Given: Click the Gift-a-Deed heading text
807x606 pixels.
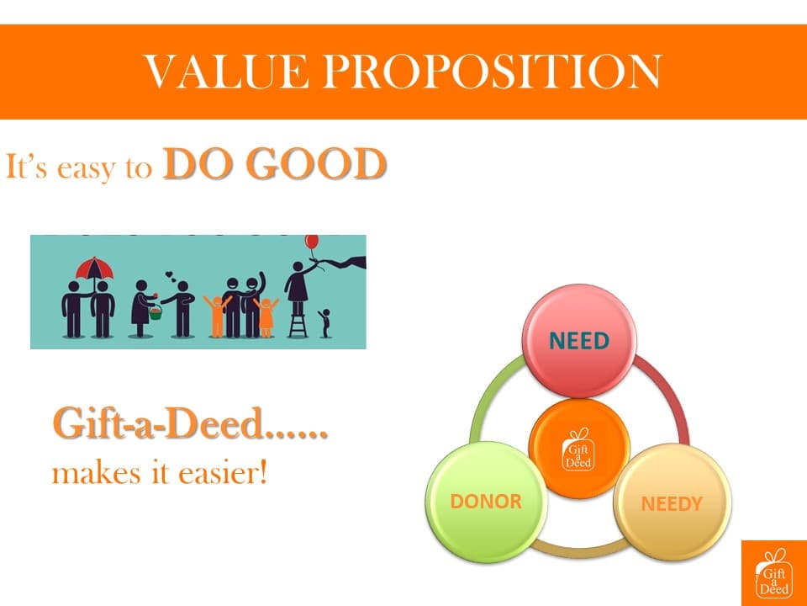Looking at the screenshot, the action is coord(190,423).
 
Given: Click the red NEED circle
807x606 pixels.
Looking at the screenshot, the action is coord(579,341).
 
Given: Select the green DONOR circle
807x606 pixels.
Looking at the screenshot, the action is coord(487,502).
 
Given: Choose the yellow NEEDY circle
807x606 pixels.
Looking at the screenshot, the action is coord(672,502).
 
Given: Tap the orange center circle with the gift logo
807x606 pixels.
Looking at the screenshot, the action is coord(579,449).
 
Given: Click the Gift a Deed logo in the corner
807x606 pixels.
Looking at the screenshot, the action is coord(774,573).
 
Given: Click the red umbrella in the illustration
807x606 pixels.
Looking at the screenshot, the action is coord(94,267).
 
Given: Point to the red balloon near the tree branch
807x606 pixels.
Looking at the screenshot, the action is coord(312,241).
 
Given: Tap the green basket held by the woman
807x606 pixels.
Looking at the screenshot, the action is coord(156,312).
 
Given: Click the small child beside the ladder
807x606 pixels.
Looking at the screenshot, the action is coord(324,323).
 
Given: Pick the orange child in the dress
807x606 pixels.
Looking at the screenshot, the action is coord(266,317).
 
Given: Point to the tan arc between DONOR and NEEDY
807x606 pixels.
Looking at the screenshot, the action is coord(578,548).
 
